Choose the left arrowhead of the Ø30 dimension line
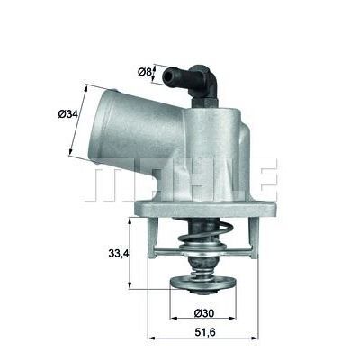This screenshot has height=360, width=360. (170, 322)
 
